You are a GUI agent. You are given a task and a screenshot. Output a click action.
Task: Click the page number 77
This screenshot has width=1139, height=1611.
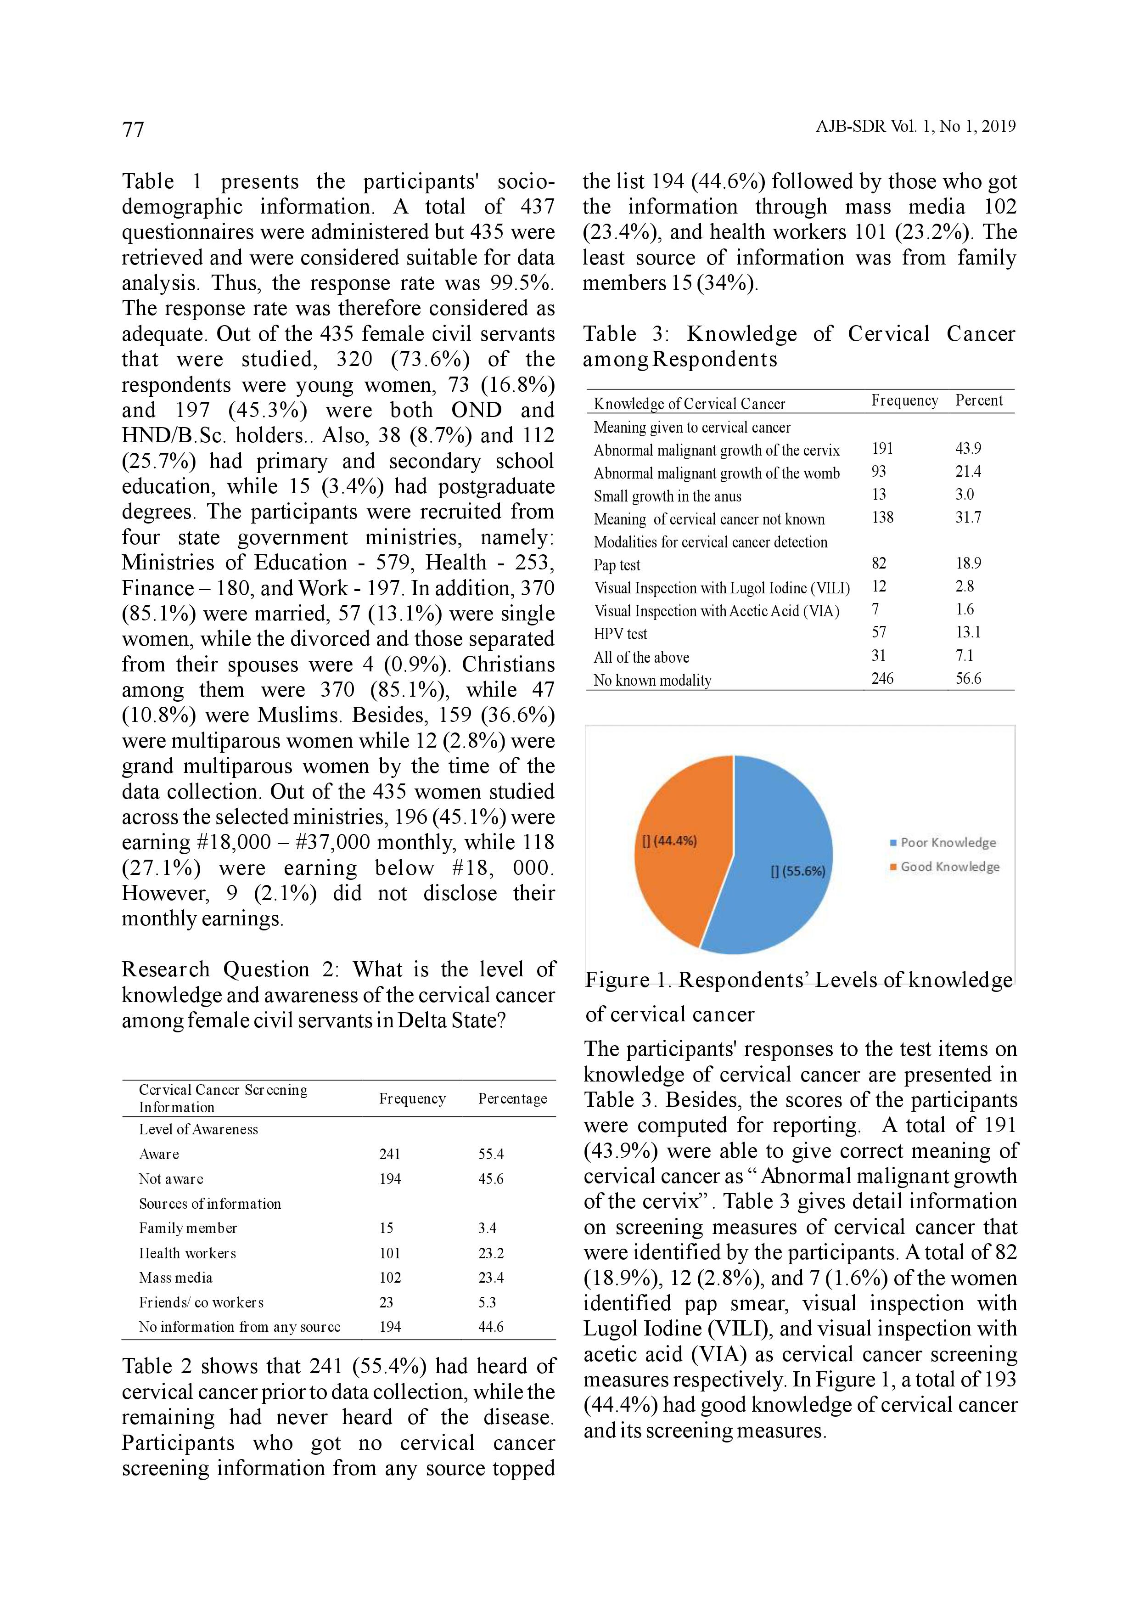pos(133,129)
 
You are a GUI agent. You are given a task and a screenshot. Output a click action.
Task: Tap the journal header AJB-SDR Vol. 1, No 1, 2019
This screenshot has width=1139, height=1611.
pos(915,126)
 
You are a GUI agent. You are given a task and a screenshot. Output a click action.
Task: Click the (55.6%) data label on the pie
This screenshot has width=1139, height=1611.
pos(798,872)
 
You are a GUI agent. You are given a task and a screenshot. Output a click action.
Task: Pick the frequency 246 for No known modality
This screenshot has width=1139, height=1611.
pos(882,678)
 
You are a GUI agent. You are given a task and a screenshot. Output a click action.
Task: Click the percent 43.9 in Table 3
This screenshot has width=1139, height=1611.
pos(968,448)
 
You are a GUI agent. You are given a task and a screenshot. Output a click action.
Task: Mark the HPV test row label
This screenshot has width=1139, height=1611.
pos(620,634)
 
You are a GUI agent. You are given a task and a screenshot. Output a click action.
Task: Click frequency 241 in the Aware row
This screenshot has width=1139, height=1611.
pos(390,1154)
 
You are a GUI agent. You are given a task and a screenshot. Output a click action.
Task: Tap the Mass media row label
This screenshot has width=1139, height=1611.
pos(175,1278)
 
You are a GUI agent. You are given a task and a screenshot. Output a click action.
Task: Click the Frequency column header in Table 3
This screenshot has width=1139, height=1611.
pos(904,400)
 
